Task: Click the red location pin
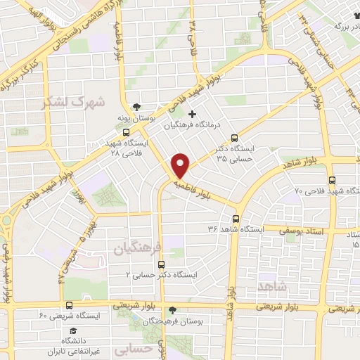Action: pos(181,166)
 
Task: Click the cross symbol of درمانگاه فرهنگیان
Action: pos(193,113)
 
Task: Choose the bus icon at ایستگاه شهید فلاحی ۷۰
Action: pos(331,179)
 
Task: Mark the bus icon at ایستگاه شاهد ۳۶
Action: pos(236,218)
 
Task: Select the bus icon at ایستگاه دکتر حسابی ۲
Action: pos(162,264)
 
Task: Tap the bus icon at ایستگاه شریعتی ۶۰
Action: pos(69,305)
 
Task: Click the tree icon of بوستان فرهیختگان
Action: pos(173,309)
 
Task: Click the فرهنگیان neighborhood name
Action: pos(136,247)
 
